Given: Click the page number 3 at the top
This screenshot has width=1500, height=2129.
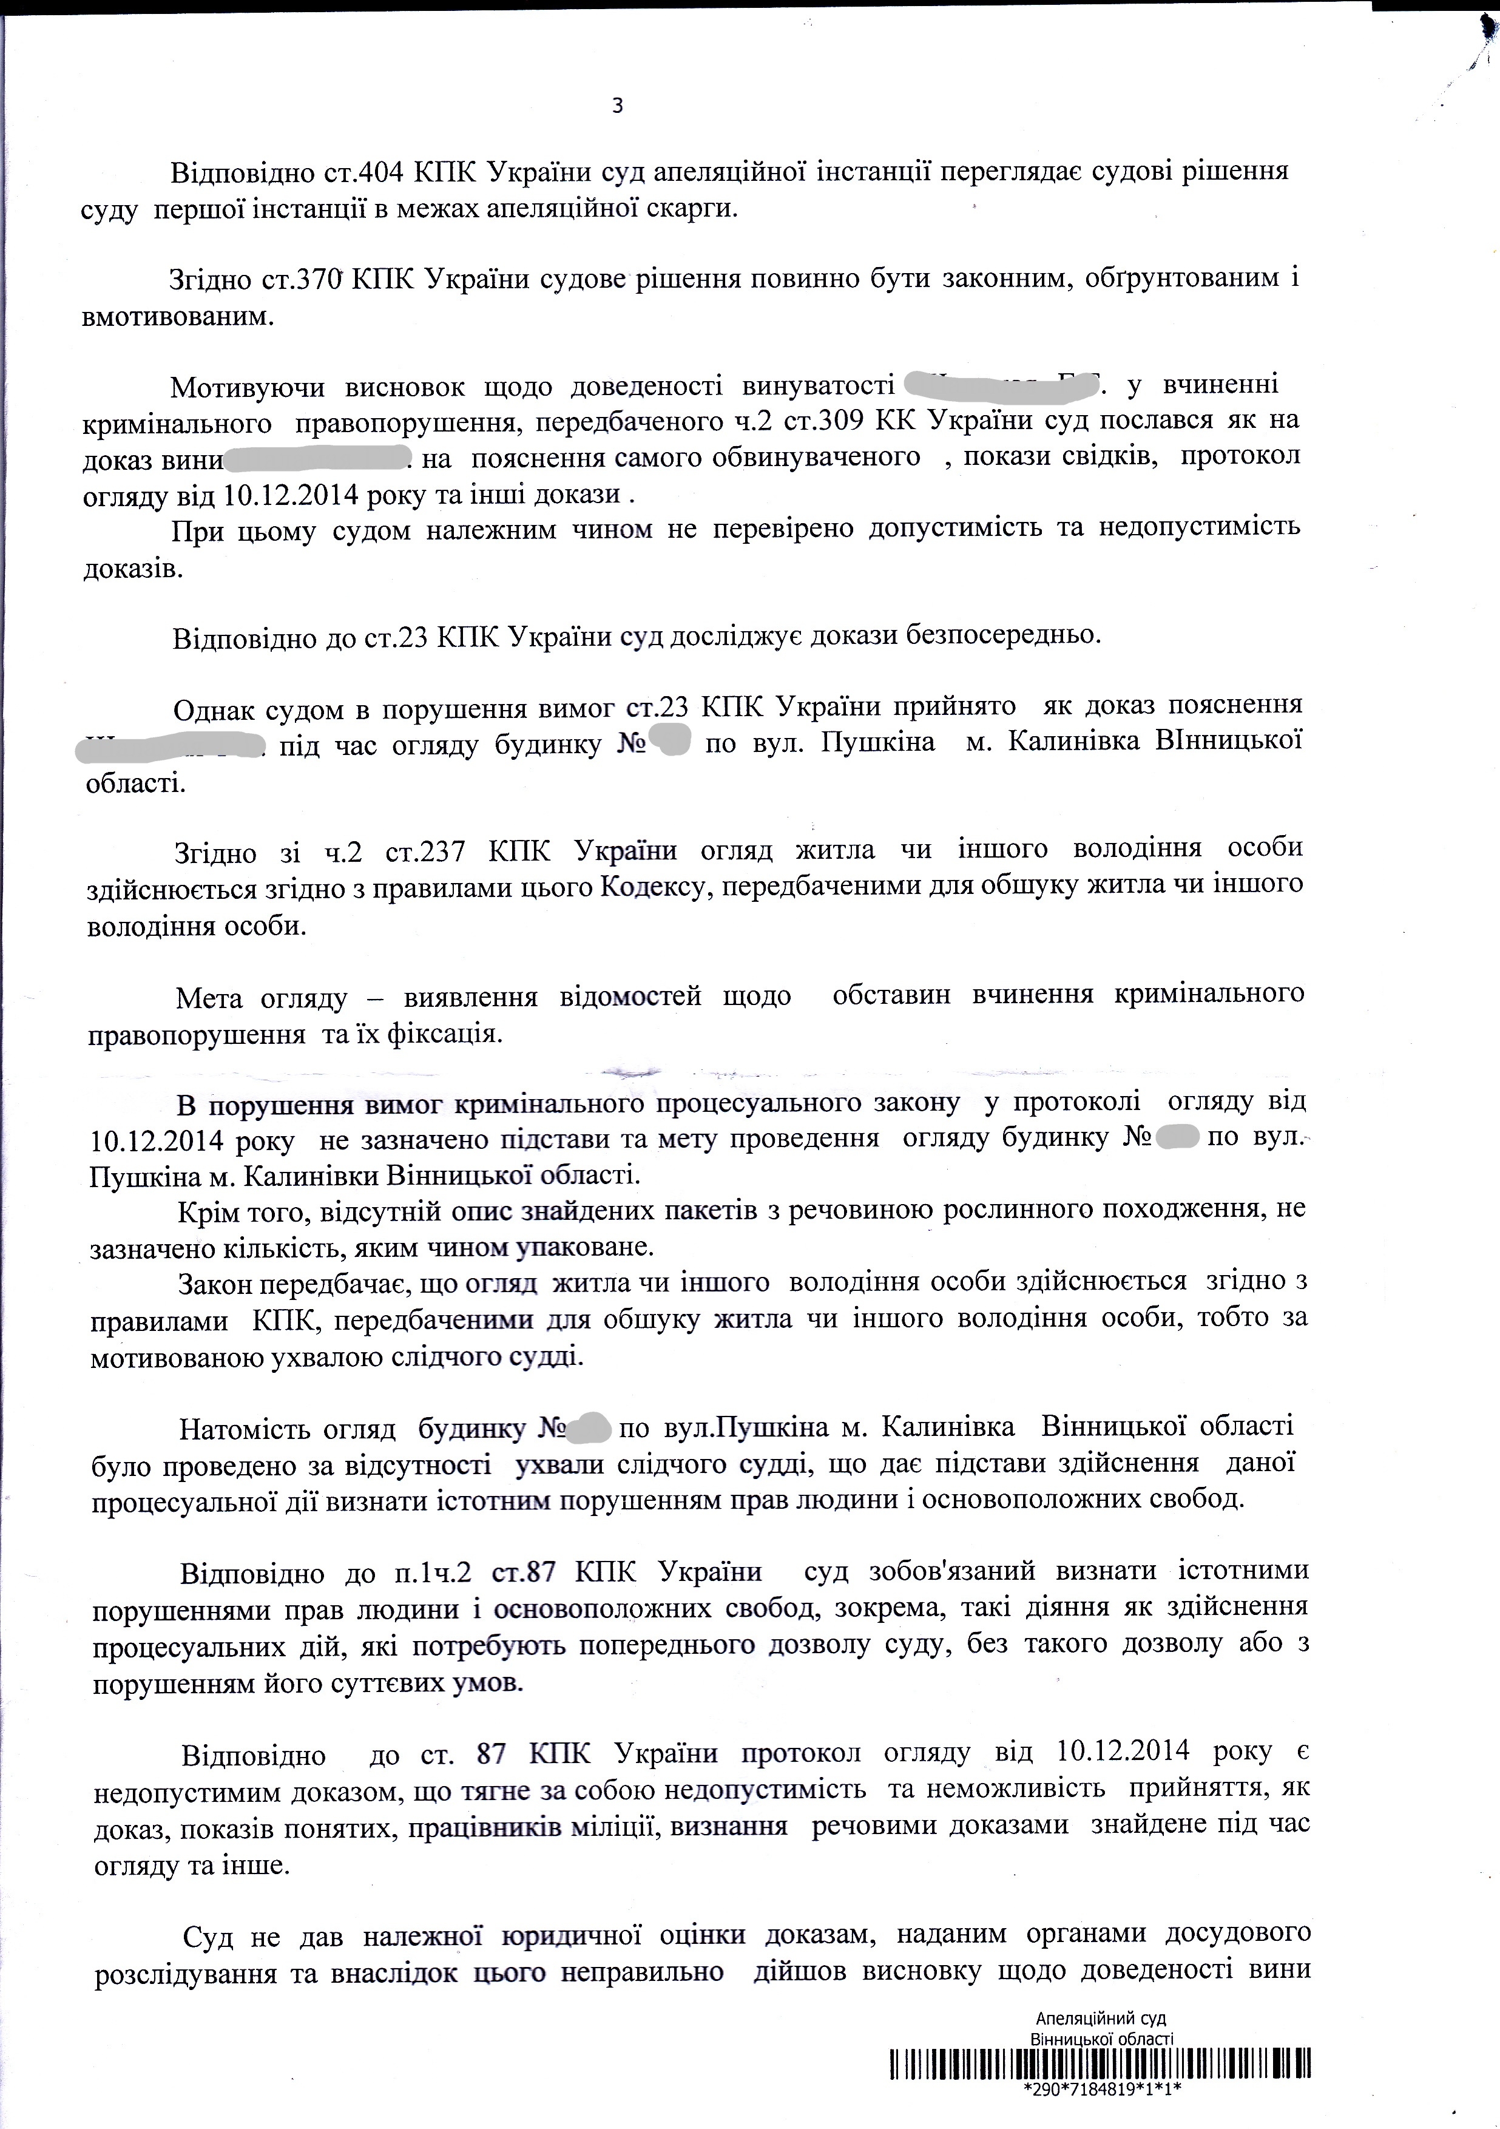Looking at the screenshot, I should pos(618,107).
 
